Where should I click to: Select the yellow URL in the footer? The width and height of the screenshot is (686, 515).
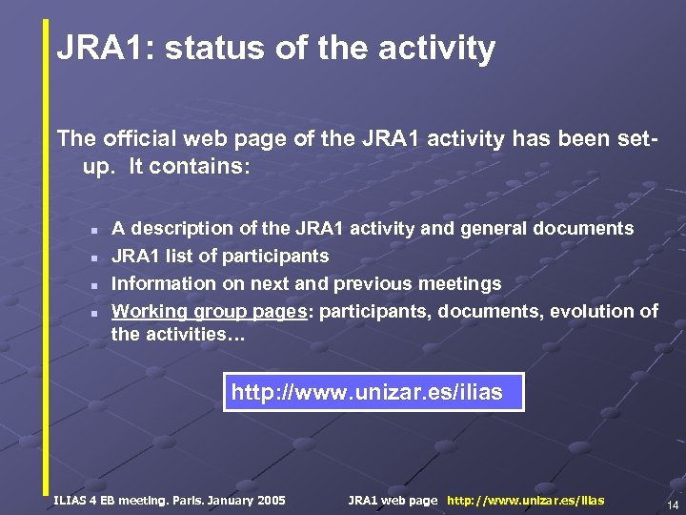[525, 500]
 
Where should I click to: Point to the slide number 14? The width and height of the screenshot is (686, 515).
[673, 505]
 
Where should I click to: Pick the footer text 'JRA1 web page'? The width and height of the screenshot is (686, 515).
[393, 500]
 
